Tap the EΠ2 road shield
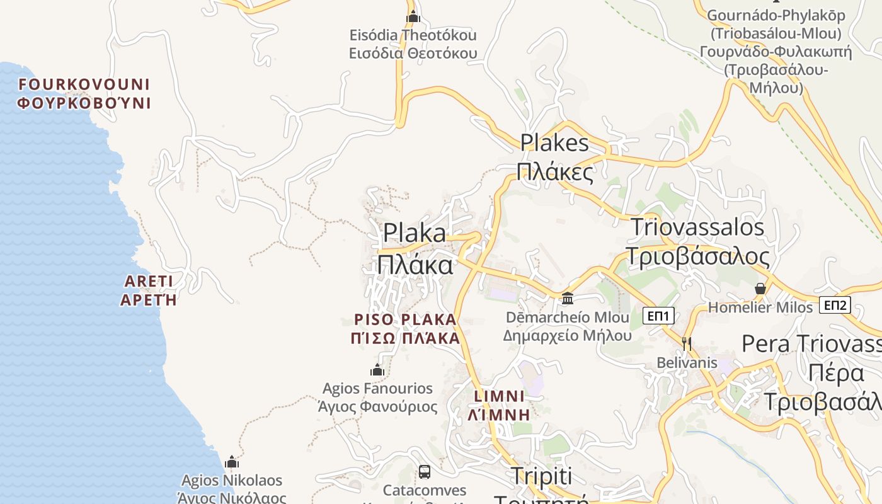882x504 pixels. pyautogui.click(x=835, y=306)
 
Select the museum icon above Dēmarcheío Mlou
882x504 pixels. pyautogui.click(x=568, y=298)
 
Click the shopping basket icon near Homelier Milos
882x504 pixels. pyautogui.click(x=760, y=289)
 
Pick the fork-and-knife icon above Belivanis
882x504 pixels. pyautogui.click(x=687, y=343)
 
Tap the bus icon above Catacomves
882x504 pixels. pyautogui.click(x=425, y=471)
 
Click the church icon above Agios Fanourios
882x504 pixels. pyautogui.click(x=377, y=370)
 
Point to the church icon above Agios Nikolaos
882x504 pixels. pyautogui.click(x=232, y=462)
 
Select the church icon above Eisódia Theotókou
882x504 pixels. pyautogui.click(x=413, y=16)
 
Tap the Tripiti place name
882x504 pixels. pyautogui.click(x=542, y=477)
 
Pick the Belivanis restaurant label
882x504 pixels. pyautogui.click(x=687, y=363)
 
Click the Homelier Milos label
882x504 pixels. pyautogui.click(x=760, y=307)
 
